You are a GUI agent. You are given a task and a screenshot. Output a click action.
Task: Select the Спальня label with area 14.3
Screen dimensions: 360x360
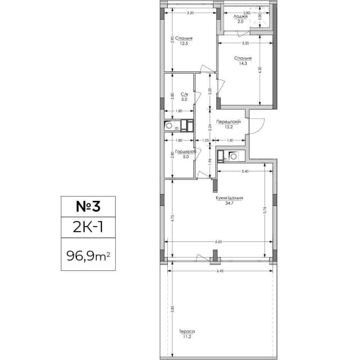[x=243, y=58]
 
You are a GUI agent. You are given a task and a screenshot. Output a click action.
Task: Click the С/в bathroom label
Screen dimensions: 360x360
[x=185, y=94]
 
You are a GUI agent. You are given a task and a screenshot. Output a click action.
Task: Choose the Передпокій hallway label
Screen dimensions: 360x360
[x=228, y=122]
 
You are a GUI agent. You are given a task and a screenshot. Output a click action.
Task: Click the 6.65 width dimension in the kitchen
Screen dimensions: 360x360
[x=219, y=242]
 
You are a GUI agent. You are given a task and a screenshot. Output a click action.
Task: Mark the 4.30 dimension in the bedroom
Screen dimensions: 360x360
[x=260, y=71]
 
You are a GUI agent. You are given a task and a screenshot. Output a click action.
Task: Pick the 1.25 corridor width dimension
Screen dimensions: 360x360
[x=205, y=140]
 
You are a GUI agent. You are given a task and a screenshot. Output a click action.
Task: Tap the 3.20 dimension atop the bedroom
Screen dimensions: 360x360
[x=190, y=12]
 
